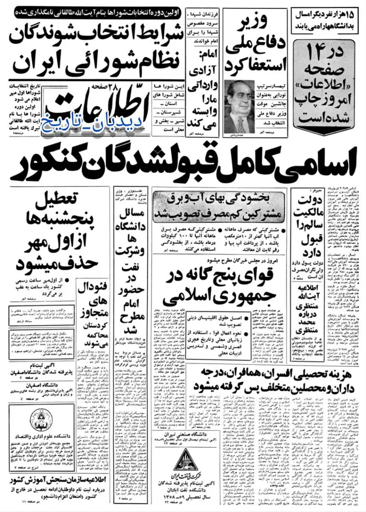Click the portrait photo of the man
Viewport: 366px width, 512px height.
point(238,106)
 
